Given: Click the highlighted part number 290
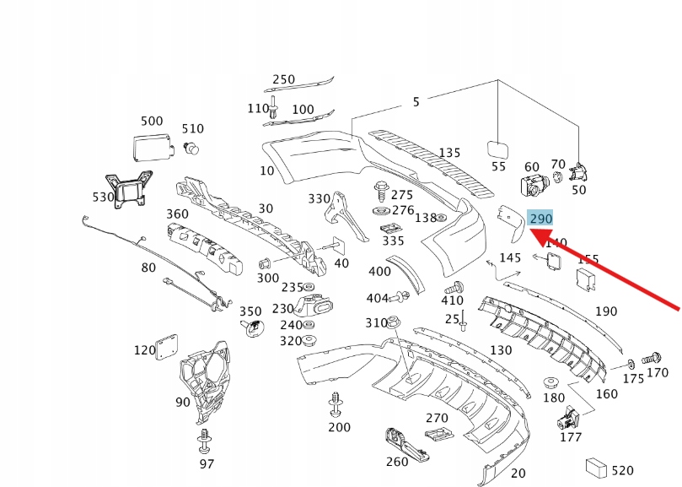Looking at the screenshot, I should (540, 219).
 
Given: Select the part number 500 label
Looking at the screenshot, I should (152, 122).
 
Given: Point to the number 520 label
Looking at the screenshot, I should (623, 470).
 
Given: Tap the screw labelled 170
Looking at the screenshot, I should (651, 358).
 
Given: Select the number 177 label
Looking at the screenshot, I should (571, 438).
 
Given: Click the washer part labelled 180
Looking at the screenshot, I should (553, 381).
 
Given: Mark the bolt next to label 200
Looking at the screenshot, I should (336, 404).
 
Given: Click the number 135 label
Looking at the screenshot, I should (449, 153).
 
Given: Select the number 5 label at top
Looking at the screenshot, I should (416, 102).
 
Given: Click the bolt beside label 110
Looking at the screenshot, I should (274, 106).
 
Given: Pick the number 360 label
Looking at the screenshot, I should (177, 214).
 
